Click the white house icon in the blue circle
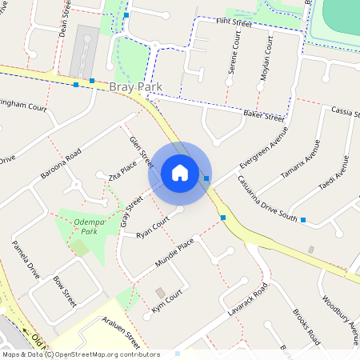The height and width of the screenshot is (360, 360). click(x=180, y=172)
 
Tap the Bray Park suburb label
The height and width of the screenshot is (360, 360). click(x=136, y=86)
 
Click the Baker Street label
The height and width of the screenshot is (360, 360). click(x=263, y=117)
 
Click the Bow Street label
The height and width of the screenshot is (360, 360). click(x=64, y=292)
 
